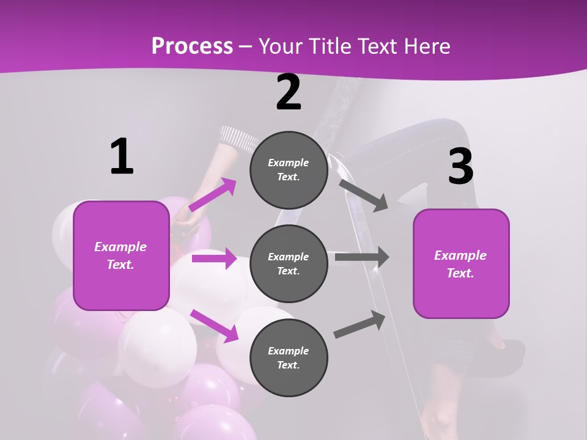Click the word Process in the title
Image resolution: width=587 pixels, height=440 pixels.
pyautogui.click(x=192, y=46)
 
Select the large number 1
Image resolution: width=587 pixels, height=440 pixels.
pyautogui.click(x=122, y=157)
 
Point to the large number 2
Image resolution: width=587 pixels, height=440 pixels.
pyautogui.click(x=289, y=93)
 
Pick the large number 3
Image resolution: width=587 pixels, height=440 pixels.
pyautogui.click(x=460, y=167)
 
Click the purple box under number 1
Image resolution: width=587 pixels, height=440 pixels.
pyautogui.click(x=121, y=255)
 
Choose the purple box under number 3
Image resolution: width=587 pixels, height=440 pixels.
pyautogui.click(x=461, y=263)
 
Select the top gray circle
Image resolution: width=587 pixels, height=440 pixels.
pyautogui.click(x=289, y=170)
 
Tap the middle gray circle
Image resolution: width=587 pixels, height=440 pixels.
pyautogui.click(x=289, y=263)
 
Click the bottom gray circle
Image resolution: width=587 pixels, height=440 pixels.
pyautogui.click(x=289, y=358)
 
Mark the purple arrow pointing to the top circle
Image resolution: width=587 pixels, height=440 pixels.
pyautogui.click(x=213, y=194)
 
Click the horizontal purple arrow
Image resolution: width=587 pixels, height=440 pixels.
pyautogui.click(x=214, y=258)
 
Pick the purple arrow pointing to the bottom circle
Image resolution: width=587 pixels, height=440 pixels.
pyautogui.click(x=214, y=325)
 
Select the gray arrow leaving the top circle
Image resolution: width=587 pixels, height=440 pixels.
pyautogui.click(x=363, y=194)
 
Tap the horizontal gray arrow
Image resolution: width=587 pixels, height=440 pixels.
pyautogui.click(x=362, y=257)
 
